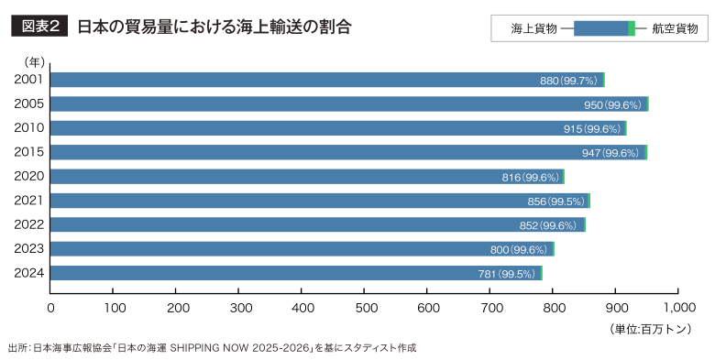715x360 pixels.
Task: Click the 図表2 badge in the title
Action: click(x=39, y=27)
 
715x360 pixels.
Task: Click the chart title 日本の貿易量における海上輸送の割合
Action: click(x=213, y=27)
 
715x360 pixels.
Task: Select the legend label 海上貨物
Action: click(x=534, y=29)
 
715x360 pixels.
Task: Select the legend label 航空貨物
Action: click(x=674, y=29)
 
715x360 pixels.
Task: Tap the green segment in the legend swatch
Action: click(x=632, y=29)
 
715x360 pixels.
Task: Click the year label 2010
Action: click(x=29, y=127)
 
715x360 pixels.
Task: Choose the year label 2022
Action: click(x=29, y=224)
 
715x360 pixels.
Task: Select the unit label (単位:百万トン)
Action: click(x=650, y=328)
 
